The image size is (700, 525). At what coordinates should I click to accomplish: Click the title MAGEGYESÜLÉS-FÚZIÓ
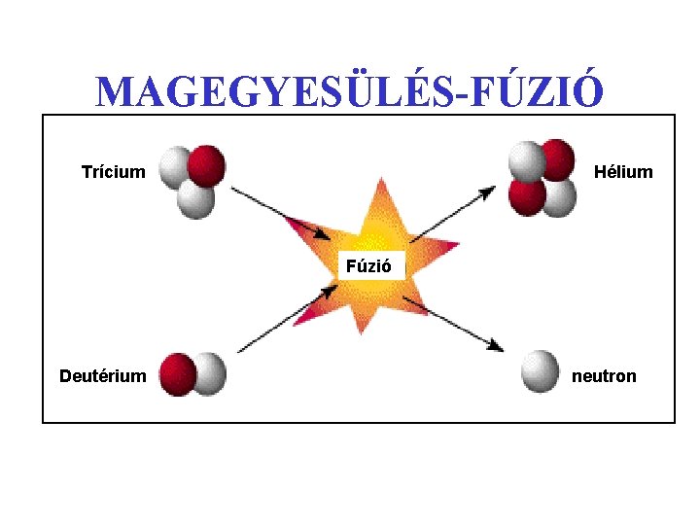(x=350, y=91)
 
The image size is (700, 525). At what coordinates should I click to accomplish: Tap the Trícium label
(x=113, y=172)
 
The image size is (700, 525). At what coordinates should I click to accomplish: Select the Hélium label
(x=623, y=172)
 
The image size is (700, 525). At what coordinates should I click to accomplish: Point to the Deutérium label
(x=103, y=375)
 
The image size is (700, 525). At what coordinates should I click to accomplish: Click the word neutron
(x=604, y=375)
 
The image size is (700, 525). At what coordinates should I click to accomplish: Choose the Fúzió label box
(x=368, y=264)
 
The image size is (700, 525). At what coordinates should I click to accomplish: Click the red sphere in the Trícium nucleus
(x=206, y=164)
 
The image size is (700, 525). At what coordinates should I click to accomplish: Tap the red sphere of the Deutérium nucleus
(x=179, y=372)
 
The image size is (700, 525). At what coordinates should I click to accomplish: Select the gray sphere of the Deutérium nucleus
(x=209, y=373)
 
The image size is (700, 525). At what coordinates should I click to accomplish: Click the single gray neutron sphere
(x=541, y=370)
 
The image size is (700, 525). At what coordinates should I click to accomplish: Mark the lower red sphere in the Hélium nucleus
(x=527, y=197)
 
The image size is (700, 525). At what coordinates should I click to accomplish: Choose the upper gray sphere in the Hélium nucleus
(x=528, y=160)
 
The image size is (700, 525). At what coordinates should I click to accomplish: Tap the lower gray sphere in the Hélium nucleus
(x=558, y=197)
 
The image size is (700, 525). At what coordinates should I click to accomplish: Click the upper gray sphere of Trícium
(x=175, y=167)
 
